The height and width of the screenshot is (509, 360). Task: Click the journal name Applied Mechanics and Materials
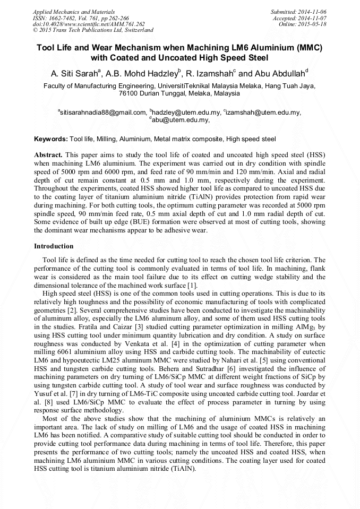pos(73,12)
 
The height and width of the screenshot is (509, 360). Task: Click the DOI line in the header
pos(89,24)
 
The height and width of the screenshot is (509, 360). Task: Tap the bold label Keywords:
pos(51,139)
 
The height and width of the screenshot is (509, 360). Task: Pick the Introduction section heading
pos(54,246)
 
